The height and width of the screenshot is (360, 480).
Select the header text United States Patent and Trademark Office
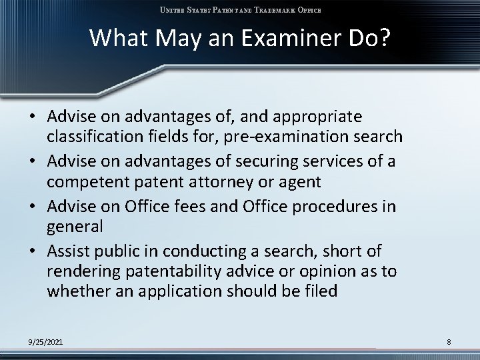point(239,10)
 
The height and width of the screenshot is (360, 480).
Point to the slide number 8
point(449,342)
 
